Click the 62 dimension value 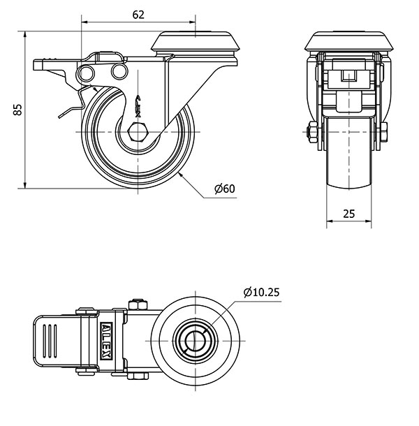(138, 15)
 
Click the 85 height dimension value (18, 110)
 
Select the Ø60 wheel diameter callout (224, 189)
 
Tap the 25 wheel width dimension (348, 214)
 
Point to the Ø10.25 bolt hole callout (261, 292)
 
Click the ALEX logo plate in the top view (107, 341)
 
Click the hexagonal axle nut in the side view (138, 132)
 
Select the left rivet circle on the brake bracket (86, 73)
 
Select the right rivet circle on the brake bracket (119, 71)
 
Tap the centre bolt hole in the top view (195, 341)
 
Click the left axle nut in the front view (311, 132)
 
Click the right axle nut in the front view (383, 132)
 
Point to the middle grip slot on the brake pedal (50, 341)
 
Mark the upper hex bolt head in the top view (138, 304)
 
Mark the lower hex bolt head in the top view (138, 376)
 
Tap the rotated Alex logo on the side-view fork (138, 106)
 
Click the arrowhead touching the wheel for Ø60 (181, 175)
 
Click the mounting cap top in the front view (349, 41)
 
